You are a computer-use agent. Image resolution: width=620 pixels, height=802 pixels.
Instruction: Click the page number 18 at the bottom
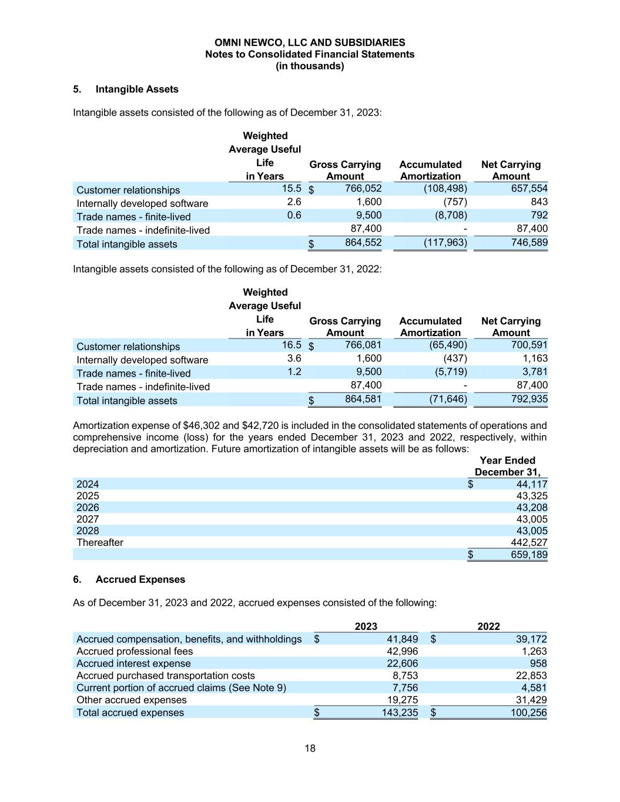(x=310, y=748)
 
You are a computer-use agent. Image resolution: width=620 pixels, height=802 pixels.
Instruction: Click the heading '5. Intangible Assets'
(x=125, y=89)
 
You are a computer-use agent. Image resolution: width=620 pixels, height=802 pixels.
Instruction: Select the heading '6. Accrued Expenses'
(x=129, y=579)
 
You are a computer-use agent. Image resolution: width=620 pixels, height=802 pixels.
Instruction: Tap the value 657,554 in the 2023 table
(x=529, y=188)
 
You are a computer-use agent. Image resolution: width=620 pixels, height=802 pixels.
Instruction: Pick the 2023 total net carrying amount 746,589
(x=529, y=242)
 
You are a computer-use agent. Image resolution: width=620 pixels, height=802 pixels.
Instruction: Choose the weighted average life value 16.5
(x=291, y=345)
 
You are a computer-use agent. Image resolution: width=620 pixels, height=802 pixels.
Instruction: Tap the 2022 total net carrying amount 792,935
(x=529, y=399)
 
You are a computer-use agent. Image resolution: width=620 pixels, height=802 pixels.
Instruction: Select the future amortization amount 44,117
(x=531, y=484)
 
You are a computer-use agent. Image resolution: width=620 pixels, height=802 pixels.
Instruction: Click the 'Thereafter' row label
(x=100, y=542)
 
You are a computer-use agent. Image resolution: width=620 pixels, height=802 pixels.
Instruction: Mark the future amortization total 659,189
(x=529, y=555)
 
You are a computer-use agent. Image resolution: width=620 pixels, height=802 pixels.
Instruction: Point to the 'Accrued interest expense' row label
(x=133, y=663)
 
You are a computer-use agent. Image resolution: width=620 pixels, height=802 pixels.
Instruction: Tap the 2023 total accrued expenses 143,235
(x=398, y=713)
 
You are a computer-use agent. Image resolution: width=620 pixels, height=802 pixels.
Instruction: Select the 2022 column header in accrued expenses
(x=488, y=626)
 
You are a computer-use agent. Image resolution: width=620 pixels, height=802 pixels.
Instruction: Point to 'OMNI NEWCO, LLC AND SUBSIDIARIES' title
(x=310, y=43)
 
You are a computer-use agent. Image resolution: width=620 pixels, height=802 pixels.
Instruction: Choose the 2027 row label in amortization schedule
(x=88, y=519)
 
